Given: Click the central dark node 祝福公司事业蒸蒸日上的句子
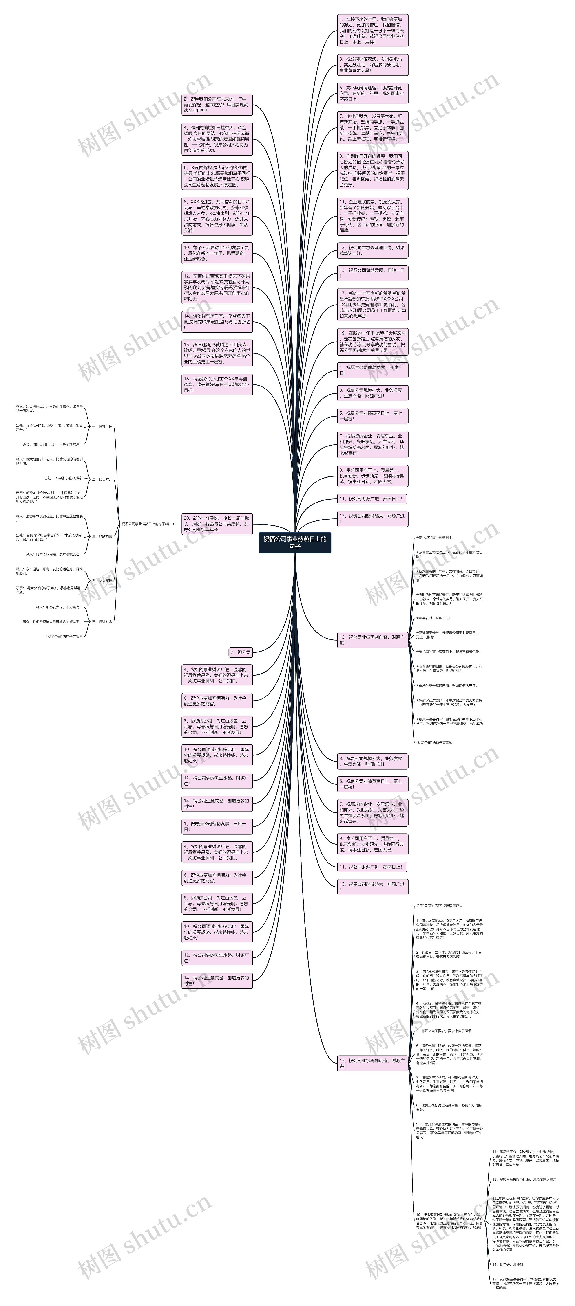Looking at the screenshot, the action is coord(295,542).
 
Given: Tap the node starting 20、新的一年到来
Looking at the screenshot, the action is coord(217,524).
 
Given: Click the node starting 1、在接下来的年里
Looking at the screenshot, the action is coord(372,31).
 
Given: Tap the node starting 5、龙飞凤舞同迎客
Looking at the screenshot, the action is coord(372,93).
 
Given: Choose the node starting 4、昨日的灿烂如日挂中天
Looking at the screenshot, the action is coord(217,139).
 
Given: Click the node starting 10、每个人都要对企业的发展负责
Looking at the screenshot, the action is coord(217,253).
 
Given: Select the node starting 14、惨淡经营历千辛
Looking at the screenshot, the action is coord(217,321).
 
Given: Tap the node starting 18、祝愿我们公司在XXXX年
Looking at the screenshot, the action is coord(217,384).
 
